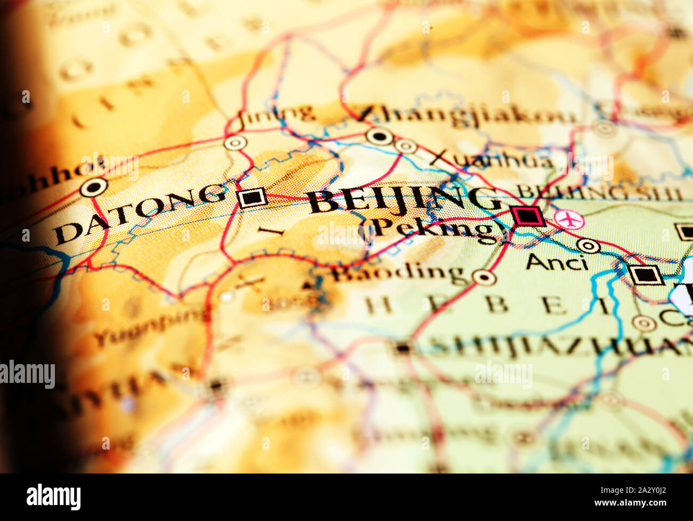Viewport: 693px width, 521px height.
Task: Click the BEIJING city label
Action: [405, 200]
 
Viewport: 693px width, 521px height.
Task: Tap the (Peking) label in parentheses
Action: [434, 229]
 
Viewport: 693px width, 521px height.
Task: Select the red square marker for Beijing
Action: [527, 216]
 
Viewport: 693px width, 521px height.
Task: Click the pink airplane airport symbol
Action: [569, 219]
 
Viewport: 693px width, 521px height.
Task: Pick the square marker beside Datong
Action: [252, 198]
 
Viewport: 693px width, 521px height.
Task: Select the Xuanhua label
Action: [490, 158]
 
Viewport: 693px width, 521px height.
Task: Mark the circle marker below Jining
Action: [235, 143]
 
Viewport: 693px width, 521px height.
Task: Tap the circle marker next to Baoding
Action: [484, 277]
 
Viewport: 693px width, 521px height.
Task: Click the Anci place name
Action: [557, 262]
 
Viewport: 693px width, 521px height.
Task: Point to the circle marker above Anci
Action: [589, 245]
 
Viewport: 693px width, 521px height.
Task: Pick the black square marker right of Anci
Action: [646, 275]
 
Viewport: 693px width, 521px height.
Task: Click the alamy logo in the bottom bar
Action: [54, 497]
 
